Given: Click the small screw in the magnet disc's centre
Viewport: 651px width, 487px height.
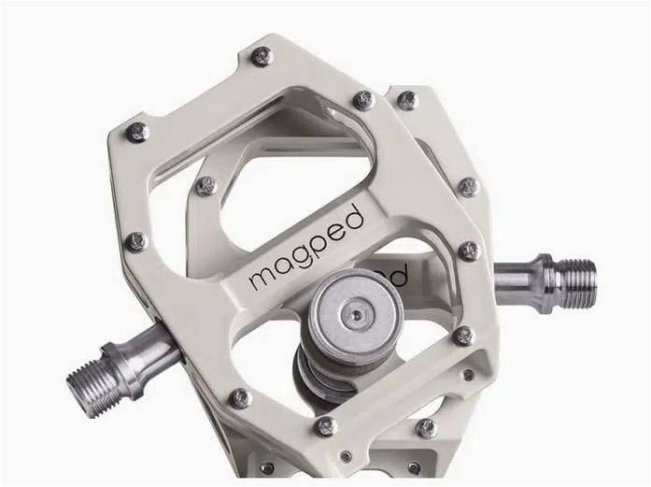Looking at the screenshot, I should point(354,317).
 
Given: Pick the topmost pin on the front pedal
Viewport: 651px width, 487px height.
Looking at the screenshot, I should point(262,56).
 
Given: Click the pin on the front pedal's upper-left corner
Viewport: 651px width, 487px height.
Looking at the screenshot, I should point(137,133).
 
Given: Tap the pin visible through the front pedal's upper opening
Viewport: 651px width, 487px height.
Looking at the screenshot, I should point(205,186).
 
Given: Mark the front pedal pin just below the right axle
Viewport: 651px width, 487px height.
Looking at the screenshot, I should point(463,335).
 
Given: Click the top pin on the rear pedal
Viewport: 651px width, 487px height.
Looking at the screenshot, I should point(407,100).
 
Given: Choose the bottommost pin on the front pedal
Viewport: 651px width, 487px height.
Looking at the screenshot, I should point(325,426).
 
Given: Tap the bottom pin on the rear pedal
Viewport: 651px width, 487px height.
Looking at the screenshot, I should point(426,427).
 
